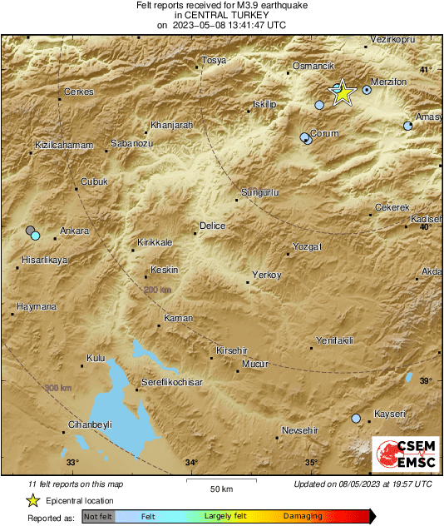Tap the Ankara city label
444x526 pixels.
(x=75, y=231)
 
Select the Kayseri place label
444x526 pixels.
(x=388, y=414)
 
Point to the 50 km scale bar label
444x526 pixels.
(x=220, y=488)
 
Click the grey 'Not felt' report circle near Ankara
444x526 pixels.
(x=31, y=230)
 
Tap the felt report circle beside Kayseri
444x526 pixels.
(x=357, y=419)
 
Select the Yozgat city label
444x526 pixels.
(x=307, y=247)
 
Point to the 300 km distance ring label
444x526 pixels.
(x=57, y=388)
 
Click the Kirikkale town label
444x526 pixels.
(x=155, y=242)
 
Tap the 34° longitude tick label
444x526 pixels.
(x=191, y=463)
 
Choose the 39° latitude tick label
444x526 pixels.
(x=425, y=380)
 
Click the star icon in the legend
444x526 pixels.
(x=32, y=500)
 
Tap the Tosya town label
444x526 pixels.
(x=215, y=61)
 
